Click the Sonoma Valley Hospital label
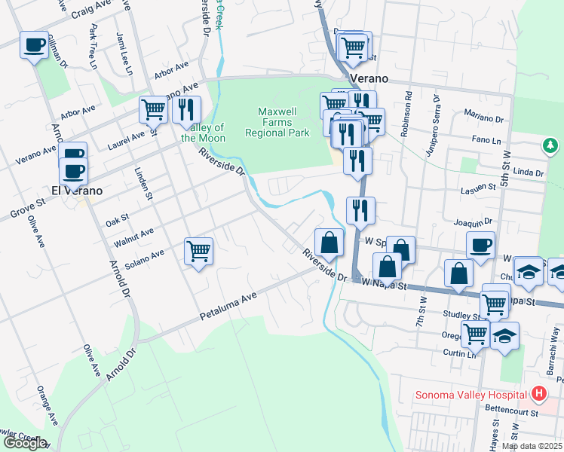(x=471, y=395)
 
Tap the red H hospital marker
(x=538, y=393)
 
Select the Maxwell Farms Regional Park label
(x=277, y=122)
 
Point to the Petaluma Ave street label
(x=229, y=306)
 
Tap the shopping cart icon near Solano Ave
(x=199, y=250)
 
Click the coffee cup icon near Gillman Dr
(x=33, y=44)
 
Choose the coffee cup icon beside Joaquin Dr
(x=480, y=244)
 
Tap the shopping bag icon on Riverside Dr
(x=329, y=243)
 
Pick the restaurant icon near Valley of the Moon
(x=186, y=109)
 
